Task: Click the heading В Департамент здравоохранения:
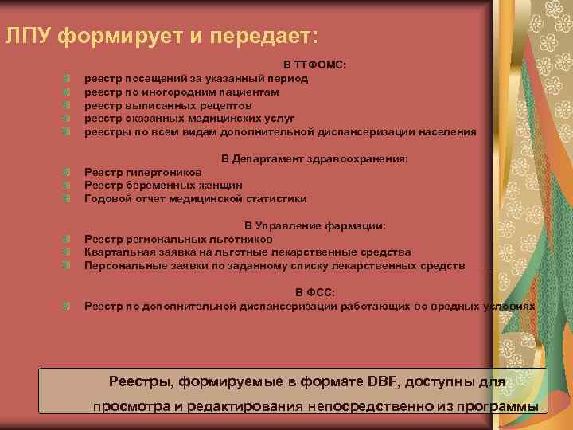click(x=314, y=159)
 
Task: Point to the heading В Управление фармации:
click(x=314, y=226)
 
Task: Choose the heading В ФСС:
click(x=314, y=293)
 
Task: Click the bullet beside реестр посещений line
click(x=68, y=79)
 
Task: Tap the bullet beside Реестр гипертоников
click(x=68, y=172)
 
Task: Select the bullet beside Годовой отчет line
click(x=68, y=199)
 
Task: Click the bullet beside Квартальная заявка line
click(x=68, y=252)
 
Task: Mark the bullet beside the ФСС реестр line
click(x=68, y=306)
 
